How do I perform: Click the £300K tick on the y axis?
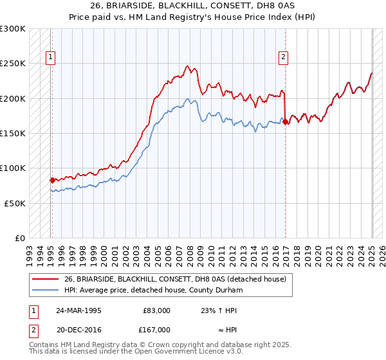point(12,29)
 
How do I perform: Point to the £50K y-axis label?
point(15,203)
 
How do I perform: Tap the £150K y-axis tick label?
point(12,133)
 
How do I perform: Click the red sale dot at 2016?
point(286,121)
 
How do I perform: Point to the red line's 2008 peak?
point(187,66)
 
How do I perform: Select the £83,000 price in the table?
point(156,310)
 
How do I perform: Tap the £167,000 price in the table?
point(156,329)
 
